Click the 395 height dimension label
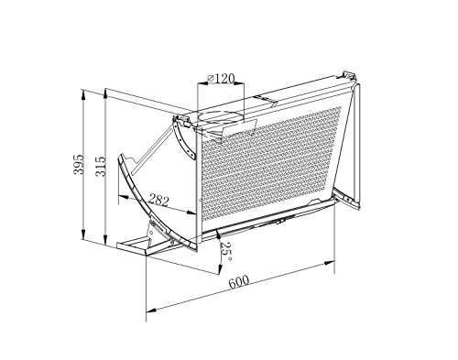pyautogui.click(x=79, y=164)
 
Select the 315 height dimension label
pyautogui.click(x=101, y=167)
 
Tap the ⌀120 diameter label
pyautogui.click(x=221, y=79)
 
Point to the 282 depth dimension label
pyautogui.click(x=158, y=201)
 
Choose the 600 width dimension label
pyautogui.click(x=239, y=282)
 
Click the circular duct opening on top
pyautogui.click(x=221, y=117)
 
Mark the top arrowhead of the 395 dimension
pyautogui.click(x=82, y=94)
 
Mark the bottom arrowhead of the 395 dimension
pyautogui.click(x=82, y=235)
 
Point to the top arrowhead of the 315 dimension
pyautogui.click(x=105, y=93)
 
